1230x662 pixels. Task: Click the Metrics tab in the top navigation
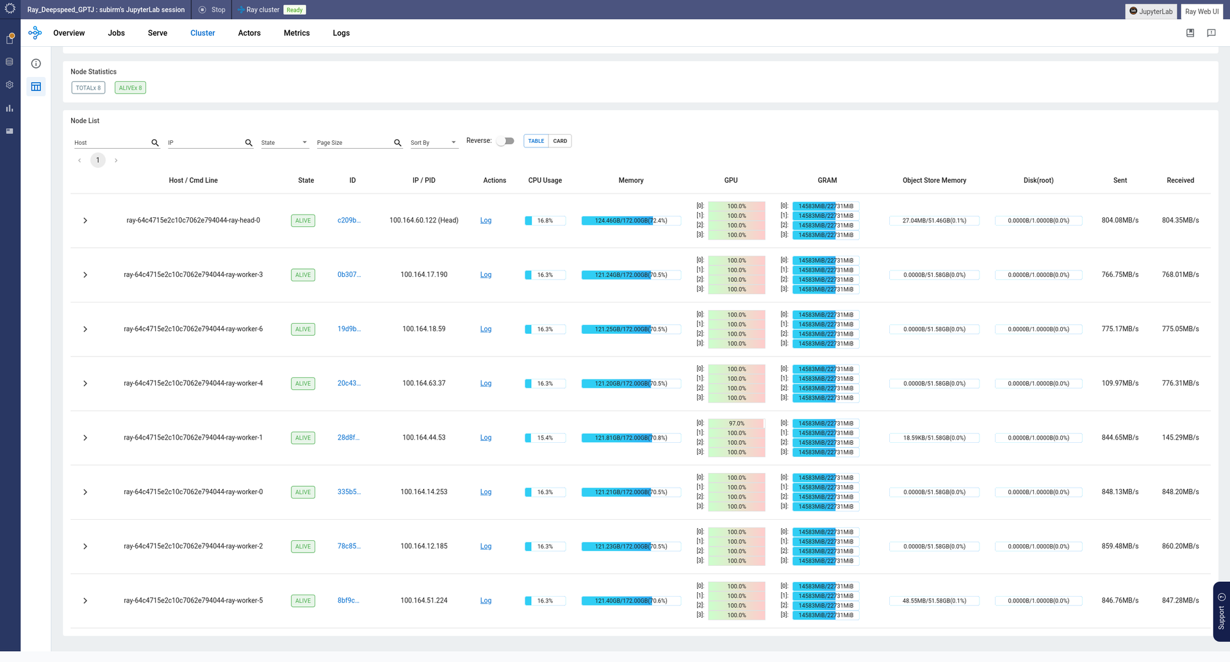[x=297, y=33]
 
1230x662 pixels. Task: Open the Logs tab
[x=341, y=33]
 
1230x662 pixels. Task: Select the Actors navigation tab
[x=249, y=33]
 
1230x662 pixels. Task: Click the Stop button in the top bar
[x=213, y=10]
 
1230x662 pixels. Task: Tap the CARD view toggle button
[x=560, y=141]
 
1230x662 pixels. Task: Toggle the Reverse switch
[x=506, y=141]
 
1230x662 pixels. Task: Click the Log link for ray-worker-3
[x=486, y=275]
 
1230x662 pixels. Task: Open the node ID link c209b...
[x=348, y=220]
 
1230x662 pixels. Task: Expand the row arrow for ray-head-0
[x=85, y=220]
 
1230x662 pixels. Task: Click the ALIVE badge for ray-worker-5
[x=303, y=601]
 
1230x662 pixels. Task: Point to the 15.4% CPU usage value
[x=545, y=438]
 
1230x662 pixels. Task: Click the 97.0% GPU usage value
[x=736, y=424]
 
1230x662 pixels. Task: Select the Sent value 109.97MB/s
[x=1120, y=383]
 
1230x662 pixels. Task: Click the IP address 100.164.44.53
[x=423, y=438]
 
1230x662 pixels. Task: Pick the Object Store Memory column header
[x=934, y=181]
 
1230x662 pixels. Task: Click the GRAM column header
[x=827, y=181]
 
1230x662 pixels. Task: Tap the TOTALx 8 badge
[x=88, y=88]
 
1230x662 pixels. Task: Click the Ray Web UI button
[x=1201, y=12]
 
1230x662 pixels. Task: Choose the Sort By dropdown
[x=434, y=142]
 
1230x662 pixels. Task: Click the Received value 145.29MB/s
[x=1180, y=438]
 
